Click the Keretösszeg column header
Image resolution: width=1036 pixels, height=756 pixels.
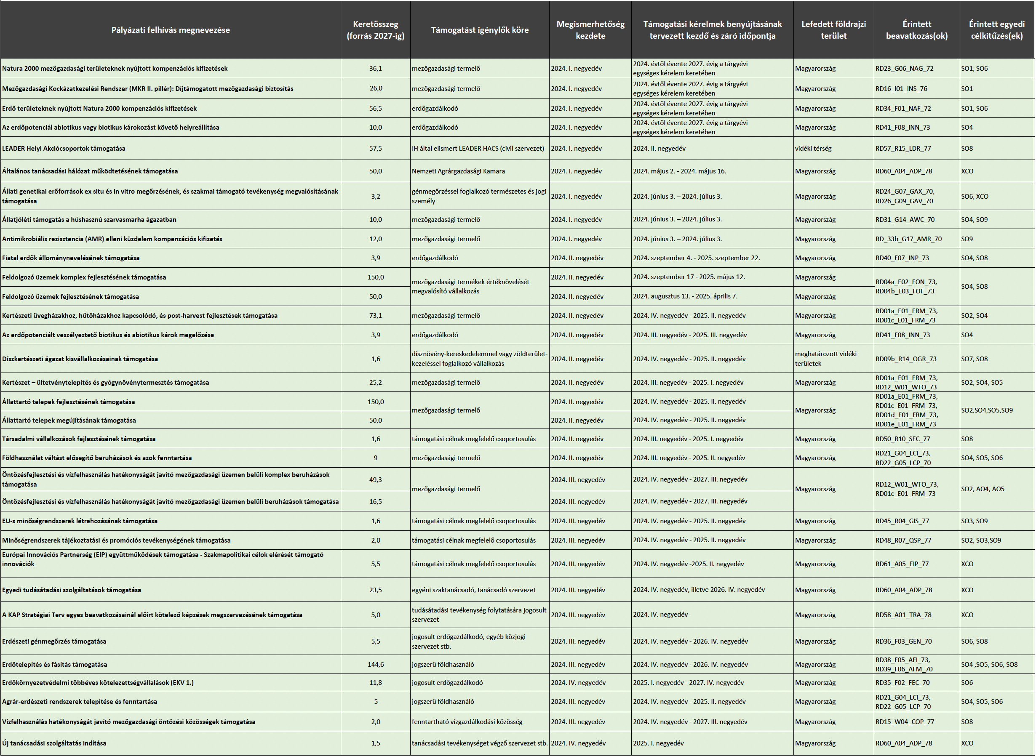[375, 30]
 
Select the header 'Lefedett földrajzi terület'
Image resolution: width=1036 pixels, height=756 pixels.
[833, 30]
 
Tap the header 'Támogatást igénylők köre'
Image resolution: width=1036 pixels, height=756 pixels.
[479, 30]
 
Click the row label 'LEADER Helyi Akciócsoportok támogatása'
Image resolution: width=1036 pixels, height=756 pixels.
[64, 148]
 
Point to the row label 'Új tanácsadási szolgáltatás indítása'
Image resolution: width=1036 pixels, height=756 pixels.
[54, 743]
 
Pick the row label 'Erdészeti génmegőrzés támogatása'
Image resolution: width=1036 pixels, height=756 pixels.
[54, 641]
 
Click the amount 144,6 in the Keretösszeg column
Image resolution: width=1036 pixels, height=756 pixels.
[375, 665]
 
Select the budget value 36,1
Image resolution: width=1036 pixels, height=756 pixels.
[375, 69]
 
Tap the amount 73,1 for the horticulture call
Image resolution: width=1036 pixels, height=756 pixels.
[375, 315]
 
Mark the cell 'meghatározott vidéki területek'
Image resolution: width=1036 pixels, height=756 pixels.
[825, 359]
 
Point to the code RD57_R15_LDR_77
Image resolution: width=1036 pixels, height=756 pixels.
[903, 148]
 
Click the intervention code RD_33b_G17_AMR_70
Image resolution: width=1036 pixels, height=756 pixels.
[908, 239]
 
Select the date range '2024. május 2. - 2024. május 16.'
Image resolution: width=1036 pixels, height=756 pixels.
[679, 171]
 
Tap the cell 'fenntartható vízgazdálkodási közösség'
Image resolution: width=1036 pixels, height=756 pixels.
[467, 721]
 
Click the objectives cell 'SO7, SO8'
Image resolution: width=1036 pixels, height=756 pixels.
[974, 359]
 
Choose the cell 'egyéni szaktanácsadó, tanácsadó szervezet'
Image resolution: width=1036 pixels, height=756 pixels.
[473, 590]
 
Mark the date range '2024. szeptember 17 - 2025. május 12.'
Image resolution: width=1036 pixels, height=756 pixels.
[689, 277]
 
